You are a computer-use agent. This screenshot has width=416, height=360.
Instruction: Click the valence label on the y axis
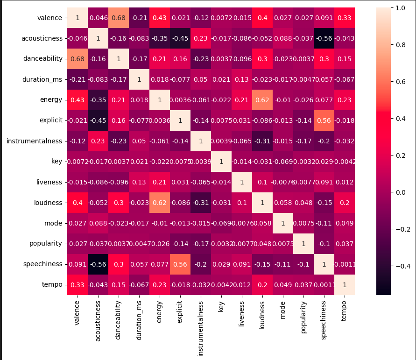tap(49, 18)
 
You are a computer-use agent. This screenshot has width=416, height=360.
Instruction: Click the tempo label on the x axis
tap(345, 311)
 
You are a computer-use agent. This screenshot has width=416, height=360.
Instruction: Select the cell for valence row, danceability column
tap(119, 18)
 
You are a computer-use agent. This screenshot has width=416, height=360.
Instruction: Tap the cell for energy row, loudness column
tap(262, 100)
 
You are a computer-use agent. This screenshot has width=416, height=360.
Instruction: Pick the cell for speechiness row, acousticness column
tap(98, 264)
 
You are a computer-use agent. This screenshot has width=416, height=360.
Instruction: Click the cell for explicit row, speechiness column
tap(324, 120)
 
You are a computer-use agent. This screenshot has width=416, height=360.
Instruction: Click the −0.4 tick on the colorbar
tap(400, 266)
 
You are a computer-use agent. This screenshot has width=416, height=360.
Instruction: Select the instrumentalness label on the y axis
tap(35, 141)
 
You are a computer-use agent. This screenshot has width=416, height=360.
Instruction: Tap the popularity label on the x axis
tap(303, 318)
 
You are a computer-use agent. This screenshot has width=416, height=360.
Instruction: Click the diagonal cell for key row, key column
tap(221, 162)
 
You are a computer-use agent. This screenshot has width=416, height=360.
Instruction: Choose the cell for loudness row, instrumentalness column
tap(201, 203)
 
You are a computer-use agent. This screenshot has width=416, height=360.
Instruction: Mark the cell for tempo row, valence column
tap(78, 284)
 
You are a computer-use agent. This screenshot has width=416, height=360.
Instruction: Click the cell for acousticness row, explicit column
tap(180, 39)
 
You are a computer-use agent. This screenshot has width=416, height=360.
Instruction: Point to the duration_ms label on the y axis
tap(42, 80)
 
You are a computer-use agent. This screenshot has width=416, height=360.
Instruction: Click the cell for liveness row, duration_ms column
tap(139, 182)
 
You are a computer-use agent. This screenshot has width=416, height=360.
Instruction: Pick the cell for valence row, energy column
tap(160, 18)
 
